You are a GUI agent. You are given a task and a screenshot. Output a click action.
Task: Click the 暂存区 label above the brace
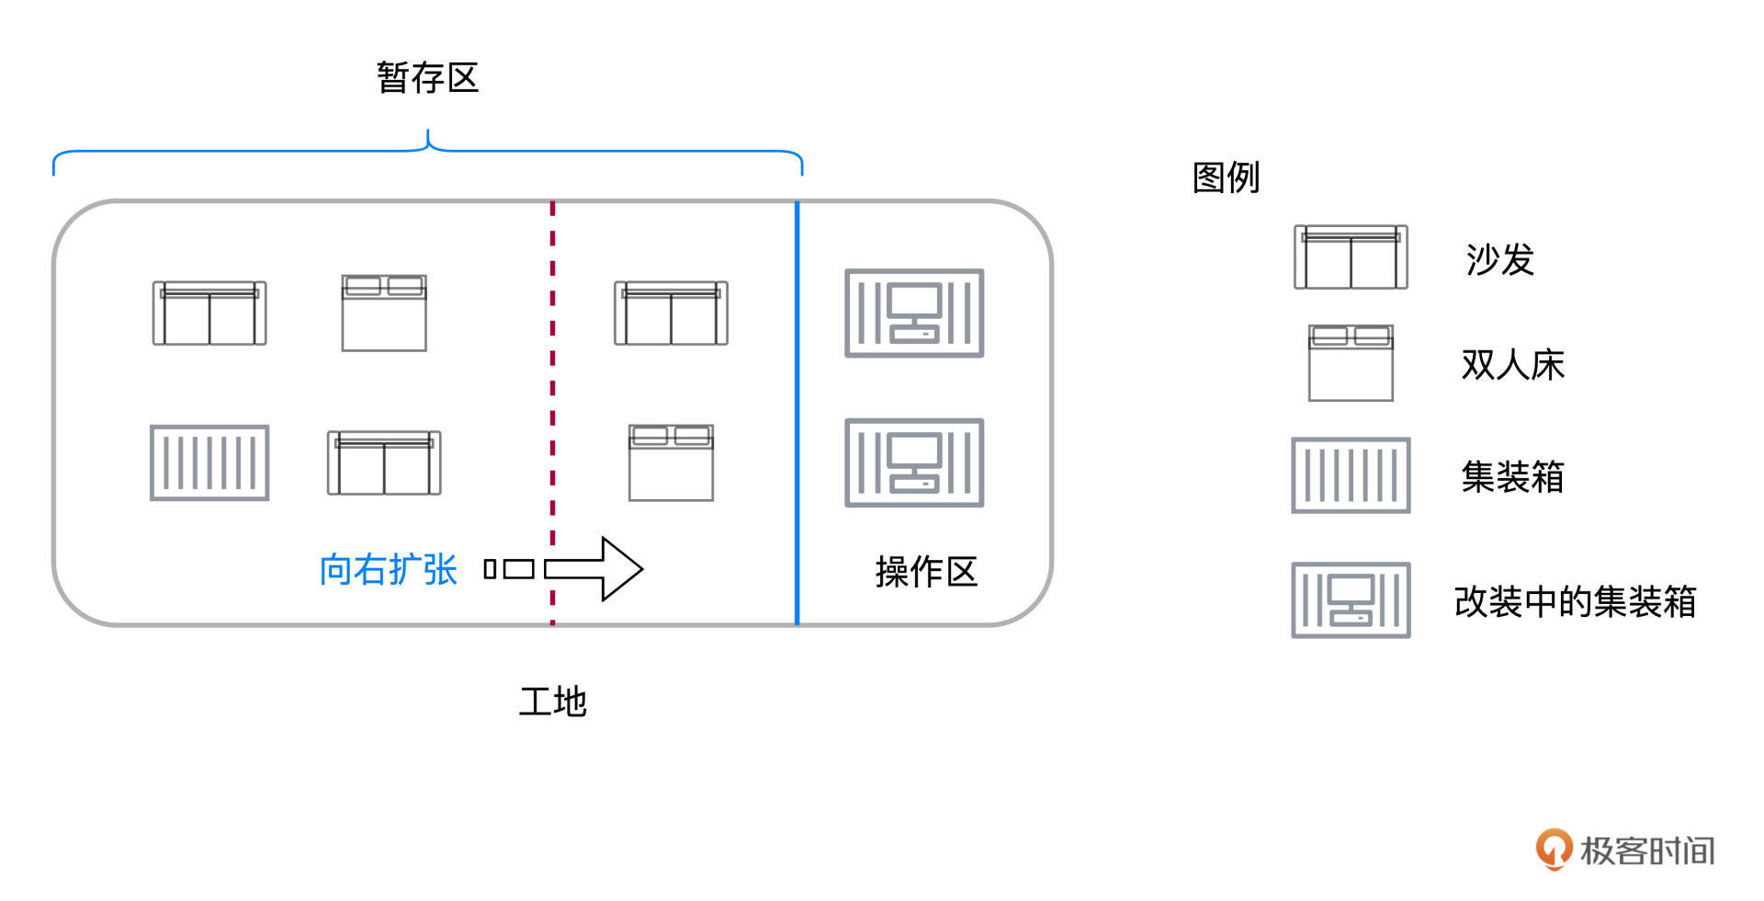(427, 77)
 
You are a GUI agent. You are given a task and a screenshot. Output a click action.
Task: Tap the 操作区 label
(925, 572)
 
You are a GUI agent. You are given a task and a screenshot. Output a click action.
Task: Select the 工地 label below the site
(552, 701)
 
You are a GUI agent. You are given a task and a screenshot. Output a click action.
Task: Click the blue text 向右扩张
(388, 570)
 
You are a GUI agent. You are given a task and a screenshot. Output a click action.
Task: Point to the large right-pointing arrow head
(621, 569)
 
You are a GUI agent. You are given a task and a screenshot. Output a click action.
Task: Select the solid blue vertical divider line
(797, 414)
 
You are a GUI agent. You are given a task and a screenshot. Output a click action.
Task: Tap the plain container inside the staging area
(209, 462)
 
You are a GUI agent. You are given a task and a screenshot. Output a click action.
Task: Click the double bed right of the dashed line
(671, 462)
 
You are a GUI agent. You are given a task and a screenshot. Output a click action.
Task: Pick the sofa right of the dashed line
(671, 314)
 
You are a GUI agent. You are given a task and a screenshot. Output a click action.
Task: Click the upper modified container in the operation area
(914, 313)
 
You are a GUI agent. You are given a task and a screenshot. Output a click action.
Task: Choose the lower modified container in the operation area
(914, 462)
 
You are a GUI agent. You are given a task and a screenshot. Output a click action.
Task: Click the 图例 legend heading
(1226, 177)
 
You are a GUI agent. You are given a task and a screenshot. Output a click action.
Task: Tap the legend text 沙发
(1499, 259)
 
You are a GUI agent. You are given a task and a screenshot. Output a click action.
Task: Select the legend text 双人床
(1512, 365)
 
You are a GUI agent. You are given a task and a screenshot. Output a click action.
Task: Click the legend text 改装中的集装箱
(1575, 602)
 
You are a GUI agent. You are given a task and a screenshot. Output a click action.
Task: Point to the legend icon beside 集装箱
(1351, 475)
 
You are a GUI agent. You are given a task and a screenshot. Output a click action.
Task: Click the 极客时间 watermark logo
(1624, 850)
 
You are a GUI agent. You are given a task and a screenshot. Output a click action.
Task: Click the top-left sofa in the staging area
(209, 314)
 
